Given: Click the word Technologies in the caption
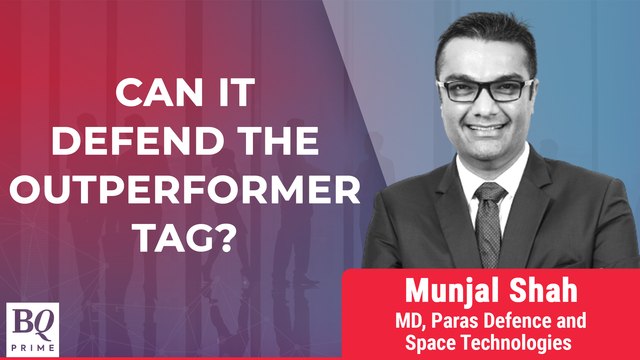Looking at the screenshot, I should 540,342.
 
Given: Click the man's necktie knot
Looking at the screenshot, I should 491,190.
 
